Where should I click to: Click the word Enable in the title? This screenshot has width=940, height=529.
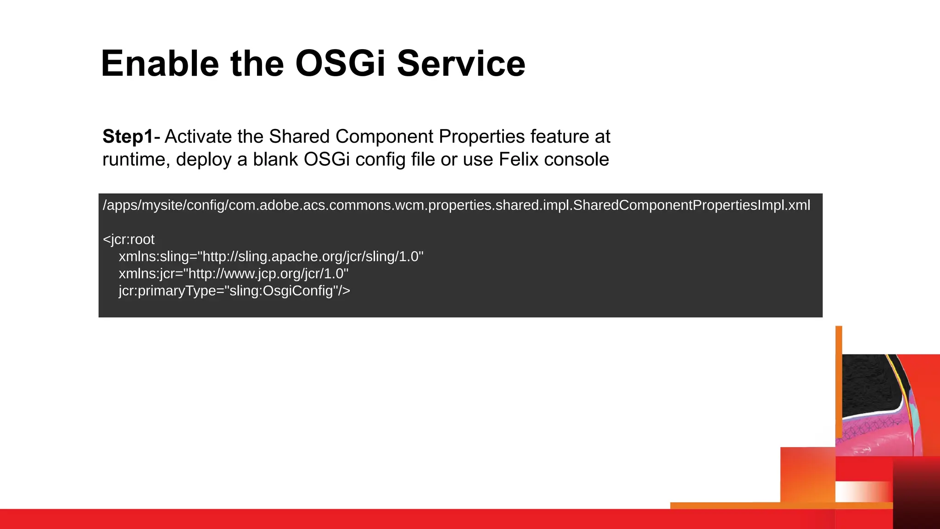(160, 63)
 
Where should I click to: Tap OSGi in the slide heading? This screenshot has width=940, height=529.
(340, 63)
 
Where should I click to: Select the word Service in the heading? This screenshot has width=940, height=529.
(461, 63)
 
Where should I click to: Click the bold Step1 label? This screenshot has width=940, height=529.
(128, 137)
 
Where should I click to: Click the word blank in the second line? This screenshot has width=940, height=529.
(275, 160)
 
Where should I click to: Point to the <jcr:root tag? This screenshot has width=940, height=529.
(129, 239)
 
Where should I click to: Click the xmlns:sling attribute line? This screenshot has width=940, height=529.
(271, 256)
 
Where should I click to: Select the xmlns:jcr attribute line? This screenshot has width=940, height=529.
(234, 274)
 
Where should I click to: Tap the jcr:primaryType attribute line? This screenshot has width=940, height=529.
(235, 291)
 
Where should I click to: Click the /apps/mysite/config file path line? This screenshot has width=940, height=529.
(456, 205)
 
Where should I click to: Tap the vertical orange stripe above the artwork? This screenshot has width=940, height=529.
(839, 381)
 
